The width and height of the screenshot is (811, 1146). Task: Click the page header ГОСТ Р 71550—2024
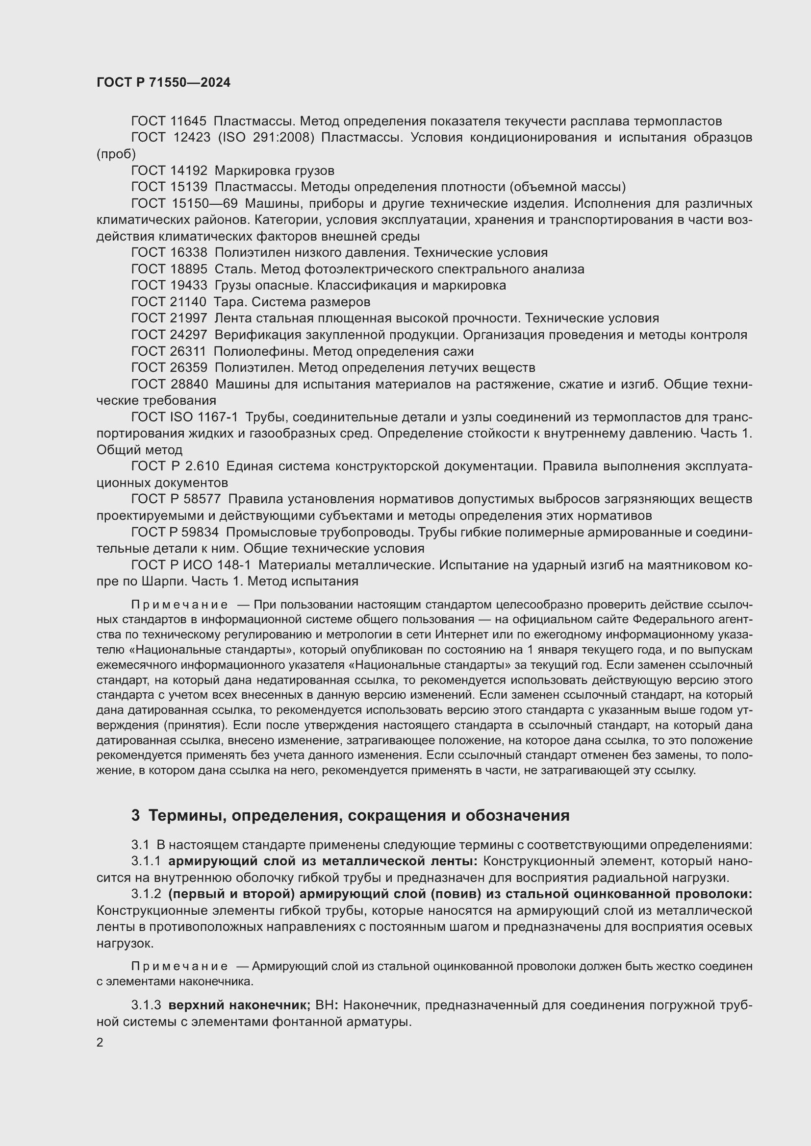[163, 83]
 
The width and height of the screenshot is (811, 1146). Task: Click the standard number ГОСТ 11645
[169, 122]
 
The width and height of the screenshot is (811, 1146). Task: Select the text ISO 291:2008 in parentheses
[266, 138]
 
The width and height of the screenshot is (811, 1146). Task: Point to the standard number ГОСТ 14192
[169, 171]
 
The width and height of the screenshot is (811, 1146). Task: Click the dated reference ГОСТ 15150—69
[184, 204]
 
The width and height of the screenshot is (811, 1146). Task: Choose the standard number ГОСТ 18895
[169, 269]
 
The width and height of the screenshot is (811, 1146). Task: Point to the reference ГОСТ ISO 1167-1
[184, 417]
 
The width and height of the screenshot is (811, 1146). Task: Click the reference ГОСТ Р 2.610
[175, 466]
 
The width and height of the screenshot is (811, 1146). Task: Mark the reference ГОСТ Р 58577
[176, 499]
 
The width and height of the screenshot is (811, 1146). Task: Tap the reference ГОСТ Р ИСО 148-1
[191, 565]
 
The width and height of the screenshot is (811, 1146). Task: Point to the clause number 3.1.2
[146, 894]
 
